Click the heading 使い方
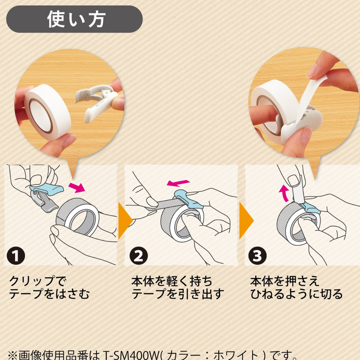(x=76, y=19)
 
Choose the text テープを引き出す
(x=177, y=295)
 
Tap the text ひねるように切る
(x=297, y=295)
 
